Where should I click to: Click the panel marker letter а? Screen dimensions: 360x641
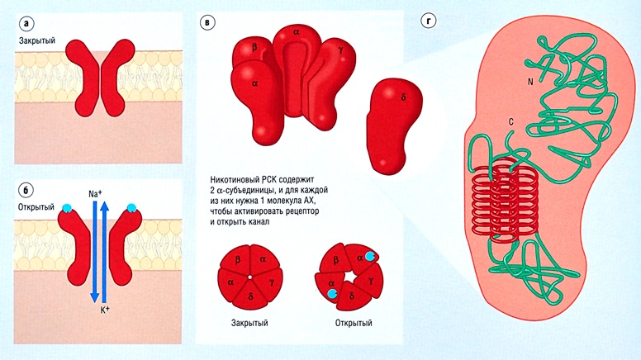(26, 20)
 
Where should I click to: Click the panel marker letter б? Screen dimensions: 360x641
(26, 188)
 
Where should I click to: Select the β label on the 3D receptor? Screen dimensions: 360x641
(254, 48)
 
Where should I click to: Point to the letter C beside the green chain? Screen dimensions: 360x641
(511, 124)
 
